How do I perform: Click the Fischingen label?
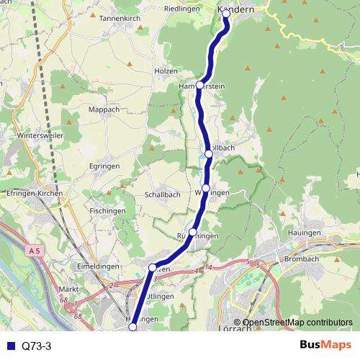[109, 210]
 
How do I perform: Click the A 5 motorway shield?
[37, 251]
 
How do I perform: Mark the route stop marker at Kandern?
[225, 19]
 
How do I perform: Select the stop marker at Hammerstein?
[199, 85]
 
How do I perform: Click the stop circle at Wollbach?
[209, 153]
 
